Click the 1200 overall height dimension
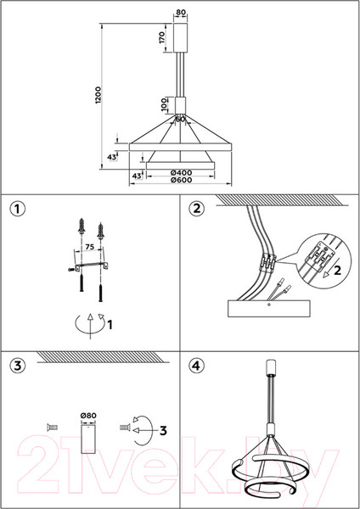tap(98, 95)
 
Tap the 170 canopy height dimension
tap(162, 37)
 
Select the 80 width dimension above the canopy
tap(181, 13)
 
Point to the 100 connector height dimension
tap(165, 105)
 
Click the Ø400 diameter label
tap(181, 173)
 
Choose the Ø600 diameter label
tap(181, 180)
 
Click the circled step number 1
tap(17, 209)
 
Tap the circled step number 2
tap(197, 209)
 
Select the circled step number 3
tap(17, 366)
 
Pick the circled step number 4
tap(197, 366)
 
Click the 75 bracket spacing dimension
tap(90, 247)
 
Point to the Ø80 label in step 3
tap(88, 416)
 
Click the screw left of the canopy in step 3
tap(53, 428)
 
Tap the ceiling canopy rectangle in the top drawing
tap(181, 37)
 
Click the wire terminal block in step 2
tap(267, 261)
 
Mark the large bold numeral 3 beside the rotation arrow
tap(163, 431)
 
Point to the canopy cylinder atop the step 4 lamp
tap(271, 366)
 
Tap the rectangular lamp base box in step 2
tap(268, 309)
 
